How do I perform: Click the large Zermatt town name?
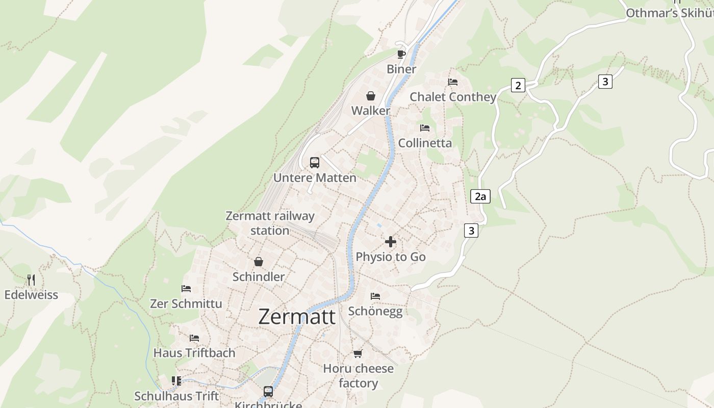point(297,317)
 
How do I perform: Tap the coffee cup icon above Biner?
point(401,54)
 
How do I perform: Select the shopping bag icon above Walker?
point(371,96)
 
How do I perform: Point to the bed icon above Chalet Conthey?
point(452,82)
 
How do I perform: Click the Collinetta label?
point(425,143)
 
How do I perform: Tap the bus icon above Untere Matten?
point(315,163)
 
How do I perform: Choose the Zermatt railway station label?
point(270,223)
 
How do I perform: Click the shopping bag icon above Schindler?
point(259,262)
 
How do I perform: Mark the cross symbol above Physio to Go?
point(391,242)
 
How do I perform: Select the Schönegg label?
point(375,312)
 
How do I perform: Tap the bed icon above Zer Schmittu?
point(186,289)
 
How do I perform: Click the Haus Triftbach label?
point(194,353)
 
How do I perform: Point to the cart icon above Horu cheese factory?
point(358,353)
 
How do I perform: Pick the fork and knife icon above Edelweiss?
point(31,279)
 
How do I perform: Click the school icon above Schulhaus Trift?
point(176,381)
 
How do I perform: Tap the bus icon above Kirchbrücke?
point(268,392)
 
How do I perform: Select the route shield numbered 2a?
point(480,196)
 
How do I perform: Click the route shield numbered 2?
point(518,85)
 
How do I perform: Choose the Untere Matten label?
point(315,178)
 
